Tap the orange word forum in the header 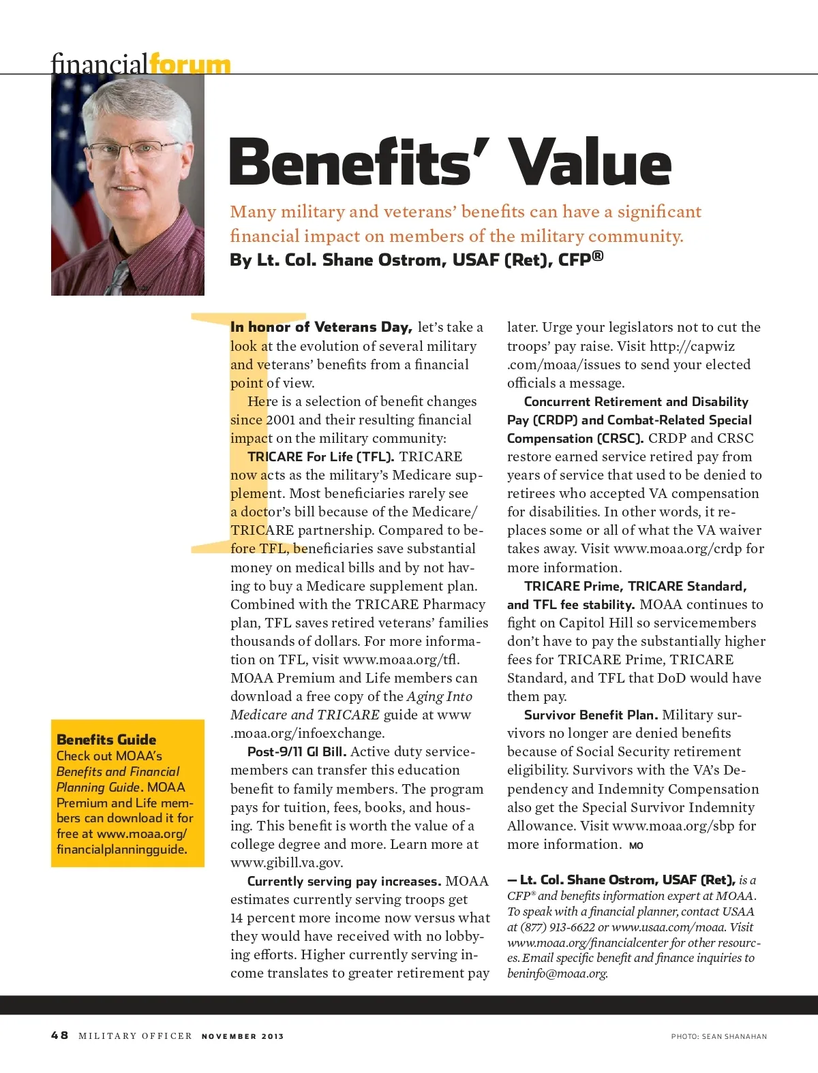pos(190,65)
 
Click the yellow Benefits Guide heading pos(106,739)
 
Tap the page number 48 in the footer pos(59,1036)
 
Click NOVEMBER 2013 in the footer pos(243,1036)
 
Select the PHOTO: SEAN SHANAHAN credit pos(718,1036)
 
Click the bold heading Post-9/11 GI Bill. pos(297,751)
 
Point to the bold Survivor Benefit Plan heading pos(590,715)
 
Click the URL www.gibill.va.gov pos(286,862)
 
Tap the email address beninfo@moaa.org pos(557,974)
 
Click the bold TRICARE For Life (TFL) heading pos(320,456)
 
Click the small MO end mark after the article pos(636,845)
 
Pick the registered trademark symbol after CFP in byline pos(597,256)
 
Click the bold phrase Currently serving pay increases pos(344,881)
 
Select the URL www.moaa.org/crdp pos(678,548)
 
